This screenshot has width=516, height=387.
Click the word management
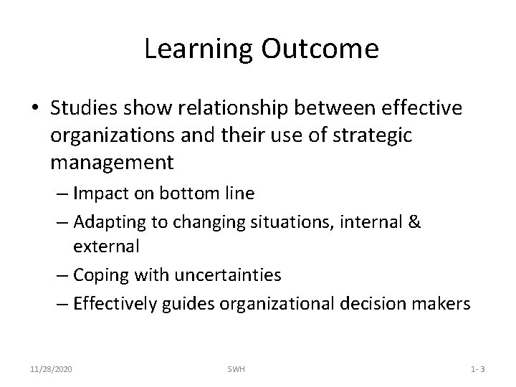[112, 161]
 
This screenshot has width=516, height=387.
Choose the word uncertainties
[228, 274]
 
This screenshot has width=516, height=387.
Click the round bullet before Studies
[34, 107]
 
